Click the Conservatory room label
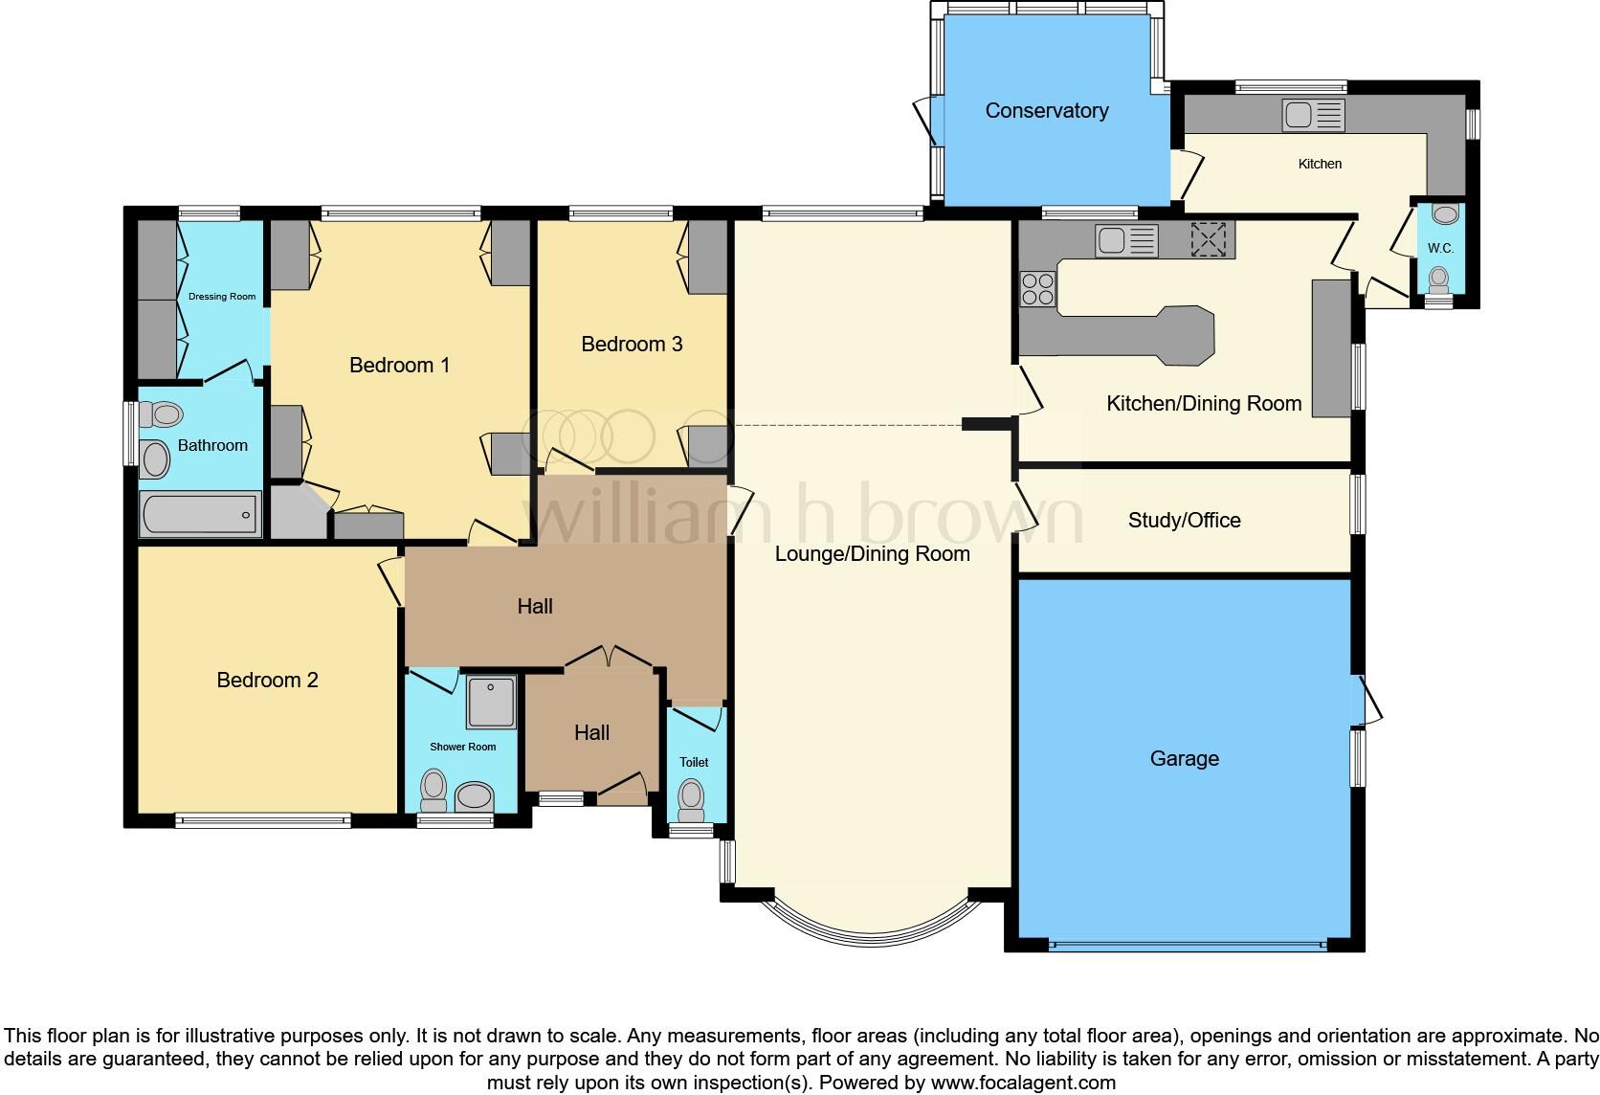1046,111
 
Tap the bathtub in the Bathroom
200,515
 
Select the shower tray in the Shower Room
491,703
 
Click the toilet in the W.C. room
1438,279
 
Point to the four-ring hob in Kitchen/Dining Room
1037,288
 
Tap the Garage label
1184,759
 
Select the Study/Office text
1184,521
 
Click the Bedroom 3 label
632,345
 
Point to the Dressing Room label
222,297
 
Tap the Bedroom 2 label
267,681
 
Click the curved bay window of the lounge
871,932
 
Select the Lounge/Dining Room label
872,554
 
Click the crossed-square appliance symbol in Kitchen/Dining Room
1208,239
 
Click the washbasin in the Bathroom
154,460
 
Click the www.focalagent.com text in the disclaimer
1022,1084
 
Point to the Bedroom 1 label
399,366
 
